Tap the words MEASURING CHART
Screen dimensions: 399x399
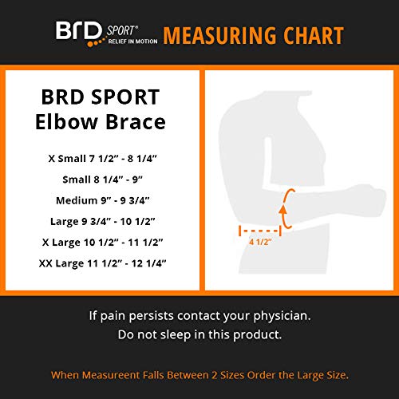click(x=254, y=36)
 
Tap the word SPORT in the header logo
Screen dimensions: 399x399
click(x=118, y=30)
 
